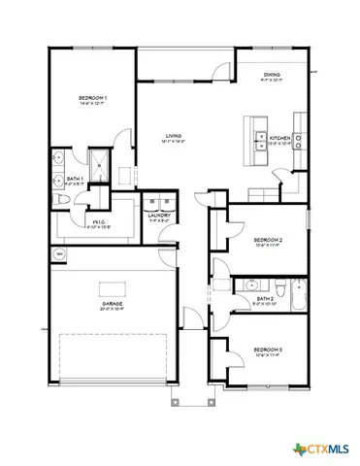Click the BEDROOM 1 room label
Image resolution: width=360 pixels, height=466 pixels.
tap(92, 98)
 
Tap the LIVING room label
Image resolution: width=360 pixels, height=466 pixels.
tap(175, 136)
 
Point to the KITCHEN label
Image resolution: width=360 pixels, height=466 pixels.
tap(280, 138)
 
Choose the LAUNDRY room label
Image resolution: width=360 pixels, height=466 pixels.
tap(160, 216)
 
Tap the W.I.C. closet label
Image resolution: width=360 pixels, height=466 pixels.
tap(98, 224)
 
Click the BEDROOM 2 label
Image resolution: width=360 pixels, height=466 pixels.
tap(267, 239)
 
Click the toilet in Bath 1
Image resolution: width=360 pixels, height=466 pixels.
tap(61, 199)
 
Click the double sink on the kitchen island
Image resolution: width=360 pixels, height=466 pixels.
tap(260, 143)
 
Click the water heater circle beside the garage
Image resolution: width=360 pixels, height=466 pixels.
tap(59, 254)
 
